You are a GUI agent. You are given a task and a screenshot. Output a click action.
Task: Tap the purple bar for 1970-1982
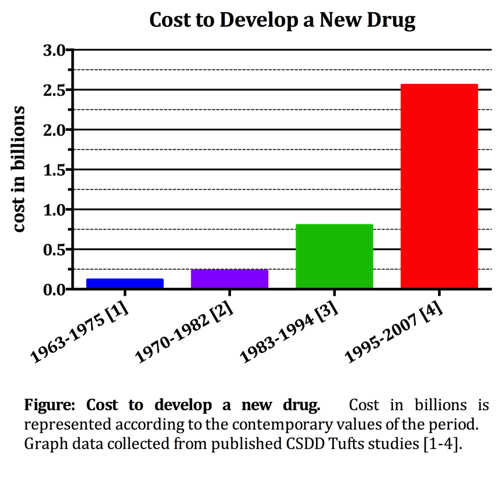tap(229, 279)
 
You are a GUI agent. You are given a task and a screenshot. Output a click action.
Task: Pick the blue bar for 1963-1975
tap(125, 284)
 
